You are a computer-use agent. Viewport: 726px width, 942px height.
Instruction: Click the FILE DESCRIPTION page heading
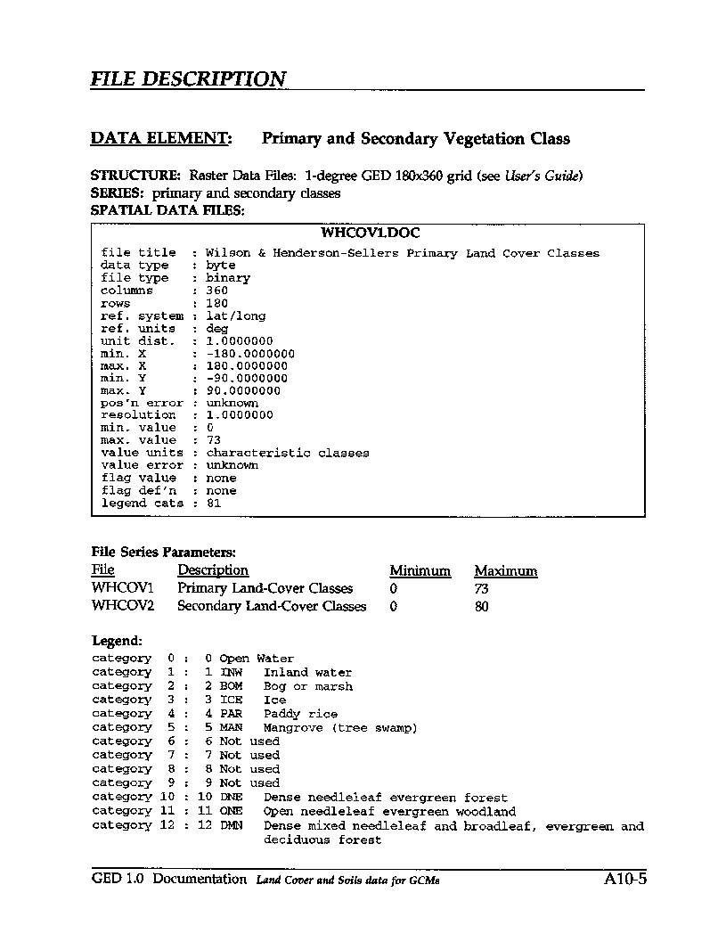coord(188,78)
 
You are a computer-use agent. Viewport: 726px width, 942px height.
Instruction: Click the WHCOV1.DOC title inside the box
coord(370,233)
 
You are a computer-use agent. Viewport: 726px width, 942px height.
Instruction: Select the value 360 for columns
coord(216,291)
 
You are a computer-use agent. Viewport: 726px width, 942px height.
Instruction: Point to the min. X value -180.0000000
coord(250,354)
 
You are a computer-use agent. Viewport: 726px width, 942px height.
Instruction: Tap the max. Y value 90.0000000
coord(243,390)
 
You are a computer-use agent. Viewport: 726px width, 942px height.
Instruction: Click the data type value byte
coord(221,266)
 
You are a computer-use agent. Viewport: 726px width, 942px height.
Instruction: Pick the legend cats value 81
coord(214,504)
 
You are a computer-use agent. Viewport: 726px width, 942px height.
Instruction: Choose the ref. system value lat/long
coord(236,315)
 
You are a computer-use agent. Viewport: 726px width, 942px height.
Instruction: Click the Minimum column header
coord(420,571)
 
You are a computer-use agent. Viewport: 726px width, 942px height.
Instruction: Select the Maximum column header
coord(505,571)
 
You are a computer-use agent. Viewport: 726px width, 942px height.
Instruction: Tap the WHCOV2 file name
coord(123,606)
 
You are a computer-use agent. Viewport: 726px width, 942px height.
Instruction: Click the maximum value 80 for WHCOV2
coord(481,606)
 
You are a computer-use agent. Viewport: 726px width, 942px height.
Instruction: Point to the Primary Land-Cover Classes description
coord(265,588)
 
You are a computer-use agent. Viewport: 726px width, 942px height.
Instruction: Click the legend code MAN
coord(231,728)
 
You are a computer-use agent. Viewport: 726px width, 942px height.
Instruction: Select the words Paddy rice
coord(300,714)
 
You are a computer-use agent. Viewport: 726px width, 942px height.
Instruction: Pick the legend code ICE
coord(231,700)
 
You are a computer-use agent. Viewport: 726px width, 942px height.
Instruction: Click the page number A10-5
coord(624,880)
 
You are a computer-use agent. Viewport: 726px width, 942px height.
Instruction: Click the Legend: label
coord(117,641)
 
